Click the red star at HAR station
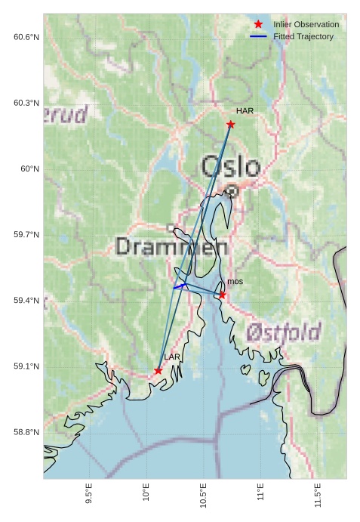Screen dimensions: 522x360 click(x=230, y=124)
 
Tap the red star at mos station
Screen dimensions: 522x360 click(x=222, y=295)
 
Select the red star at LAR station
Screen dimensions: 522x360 click(x=158, y=370)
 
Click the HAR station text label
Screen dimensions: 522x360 click(x=244, y=111)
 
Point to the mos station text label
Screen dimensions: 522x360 click(x=235, y=282)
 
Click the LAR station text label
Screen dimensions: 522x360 click(x=172, y=357)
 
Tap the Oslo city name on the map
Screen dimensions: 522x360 click(x=230, y=167)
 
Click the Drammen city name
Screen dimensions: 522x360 click(x=172, y=246)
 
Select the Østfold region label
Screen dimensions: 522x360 click(x=283, y=331)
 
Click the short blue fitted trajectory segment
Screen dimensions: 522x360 click(x=180, y=286)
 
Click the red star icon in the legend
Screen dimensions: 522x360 click(x=258, y=24)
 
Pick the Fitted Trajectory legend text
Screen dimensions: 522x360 click(x=303, y=36)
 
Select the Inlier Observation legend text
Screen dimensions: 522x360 click(x=306, y=24)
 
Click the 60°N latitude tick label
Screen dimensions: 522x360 click(x=29, y=169)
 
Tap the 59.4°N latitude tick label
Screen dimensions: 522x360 click(x=26, y=301)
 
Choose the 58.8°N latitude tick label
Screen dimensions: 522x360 click(x=26, y=432)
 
